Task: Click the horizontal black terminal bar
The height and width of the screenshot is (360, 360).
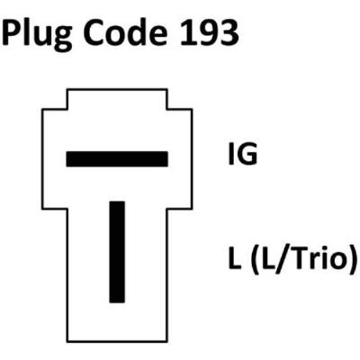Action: click(117, 159)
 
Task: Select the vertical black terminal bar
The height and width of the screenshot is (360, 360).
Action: click(117, 252)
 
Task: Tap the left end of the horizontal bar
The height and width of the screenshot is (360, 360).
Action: click(67, 159)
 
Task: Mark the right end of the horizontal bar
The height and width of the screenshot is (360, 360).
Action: click(167, 159)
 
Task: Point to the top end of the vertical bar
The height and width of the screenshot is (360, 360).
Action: click(117, 202)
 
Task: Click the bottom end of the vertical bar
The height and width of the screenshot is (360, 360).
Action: click(117, 302)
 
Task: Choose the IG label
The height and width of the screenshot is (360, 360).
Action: click(243, 154)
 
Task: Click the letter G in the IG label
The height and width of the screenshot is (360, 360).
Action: click(247, 154)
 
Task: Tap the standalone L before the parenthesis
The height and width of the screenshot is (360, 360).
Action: click(235, 257)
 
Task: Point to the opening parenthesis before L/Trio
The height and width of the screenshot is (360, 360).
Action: click(256, 258)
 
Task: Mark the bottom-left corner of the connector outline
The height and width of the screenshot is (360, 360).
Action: click(67, 341)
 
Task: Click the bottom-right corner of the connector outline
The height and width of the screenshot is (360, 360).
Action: click(167, 341)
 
